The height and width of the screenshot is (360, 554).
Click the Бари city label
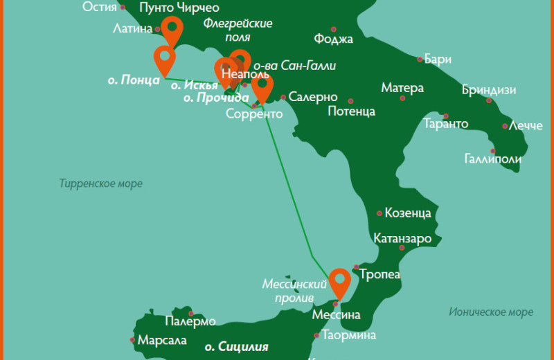coord(438,59)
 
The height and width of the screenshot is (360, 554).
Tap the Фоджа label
coord(333,39)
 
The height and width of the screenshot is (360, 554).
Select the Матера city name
coord(402,89)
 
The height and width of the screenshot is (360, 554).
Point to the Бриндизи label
coord(489,91)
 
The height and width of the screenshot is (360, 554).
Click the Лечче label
coord(526,127)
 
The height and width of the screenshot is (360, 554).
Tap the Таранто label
coord(445,125)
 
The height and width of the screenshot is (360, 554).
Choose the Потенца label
coord(351,111)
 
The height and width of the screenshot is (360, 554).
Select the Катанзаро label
coord(402,239)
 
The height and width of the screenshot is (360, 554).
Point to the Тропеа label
coord(380,275)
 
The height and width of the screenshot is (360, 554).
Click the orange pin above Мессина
coord(339,282)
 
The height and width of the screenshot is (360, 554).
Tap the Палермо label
coord(190,322)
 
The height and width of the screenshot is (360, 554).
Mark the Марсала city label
coord(163,341)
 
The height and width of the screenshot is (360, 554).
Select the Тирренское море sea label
coord(101,183)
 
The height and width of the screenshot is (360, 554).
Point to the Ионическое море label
coord(491,312)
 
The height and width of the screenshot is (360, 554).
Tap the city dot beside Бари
coord(418,59)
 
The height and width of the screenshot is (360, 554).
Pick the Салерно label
coord(313,97)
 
